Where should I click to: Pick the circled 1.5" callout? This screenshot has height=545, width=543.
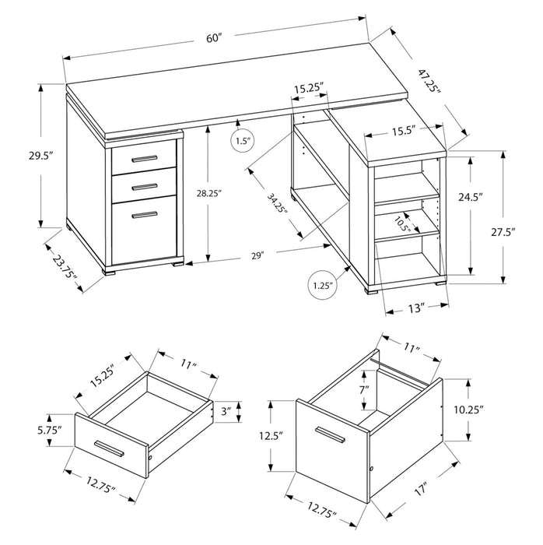point(243,141)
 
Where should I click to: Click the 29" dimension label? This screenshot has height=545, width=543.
point(258,255)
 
